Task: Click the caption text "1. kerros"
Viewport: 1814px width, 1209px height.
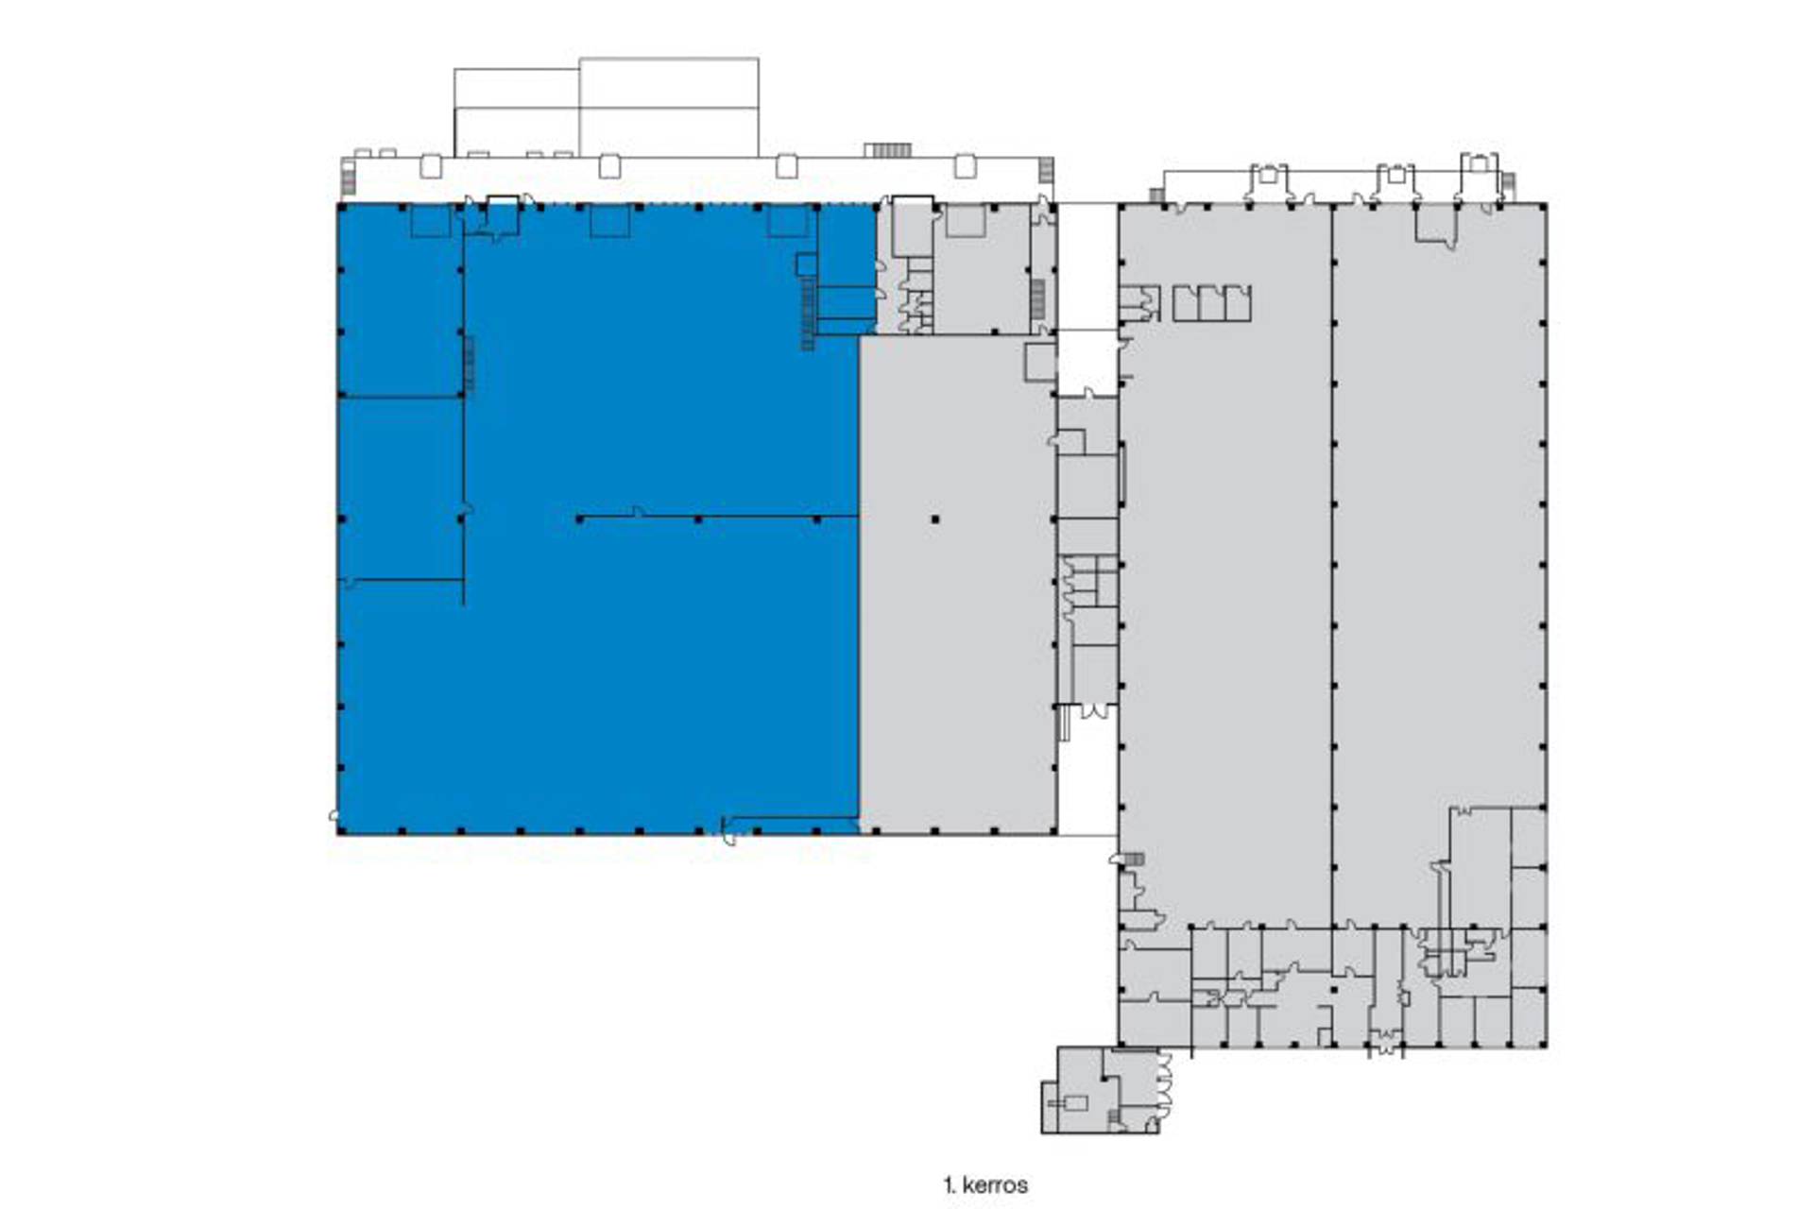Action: [x=984, y=1184]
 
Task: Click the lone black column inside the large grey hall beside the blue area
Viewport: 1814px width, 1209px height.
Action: [x=935, y=519]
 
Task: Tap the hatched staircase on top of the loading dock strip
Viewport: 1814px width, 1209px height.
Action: [x=888, y=150]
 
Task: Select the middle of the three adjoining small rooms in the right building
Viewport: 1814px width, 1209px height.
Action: [x=1212, y=302]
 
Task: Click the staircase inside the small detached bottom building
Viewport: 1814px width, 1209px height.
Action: [x=1114, y=1118]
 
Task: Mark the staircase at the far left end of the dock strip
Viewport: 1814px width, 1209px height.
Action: [x=349, y=179]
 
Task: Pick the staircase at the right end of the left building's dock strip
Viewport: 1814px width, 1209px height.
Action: [x=1046, y=170]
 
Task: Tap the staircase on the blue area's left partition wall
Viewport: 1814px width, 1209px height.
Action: [x=470, y=365]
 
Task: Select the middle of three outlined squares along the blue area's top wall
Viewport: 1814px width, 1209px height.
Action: [x=609, y=221]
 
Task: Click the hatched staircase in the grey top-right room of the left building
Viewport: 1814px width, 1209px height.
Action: [x=1037, y=297]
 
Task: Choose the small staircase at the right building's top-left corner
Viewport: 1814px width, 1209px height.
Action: [x=1156, y=196]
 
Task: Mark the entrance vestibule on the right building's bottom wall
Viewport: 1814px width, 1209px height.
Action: [x=1385, y=1045]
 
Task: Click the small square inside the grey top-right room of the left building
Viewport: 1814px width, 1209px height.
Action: [x=966, y=221]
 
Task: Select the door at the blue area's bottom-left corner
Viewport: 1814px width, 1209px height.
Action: [x=334, y=814]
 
